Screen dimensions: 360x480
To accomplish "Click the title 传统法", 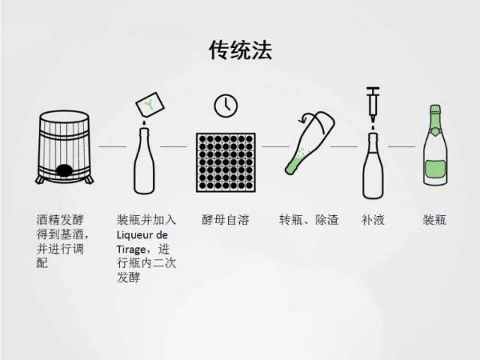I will [x=240, y=50].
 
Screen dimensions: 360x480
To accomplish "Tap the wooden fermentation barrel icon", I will [x=63, y=149].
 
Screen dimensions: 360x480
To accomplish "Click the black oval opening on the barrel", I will [x=64, y=169].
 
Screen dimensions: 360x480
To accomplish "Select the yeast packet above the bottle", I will [x=149, y=104].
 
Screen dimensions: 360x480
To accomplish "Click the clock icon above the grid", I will [x=225, y=106].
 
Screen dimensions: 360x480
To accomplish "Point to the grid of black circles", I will [x=225, y=161].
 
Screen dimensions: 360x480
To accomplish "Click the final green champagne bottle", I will [x=434, y=152].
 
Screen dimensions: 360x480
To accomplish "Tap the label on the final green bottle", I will [x=434, y=169].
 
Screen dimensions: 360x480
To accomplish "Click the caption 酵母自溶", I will [x=225, y=219].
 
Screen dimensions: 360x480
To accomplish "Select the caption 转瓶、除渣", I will [x=309, y=219].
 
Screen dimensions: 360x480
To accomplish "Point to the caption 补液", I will [x=373, y=219].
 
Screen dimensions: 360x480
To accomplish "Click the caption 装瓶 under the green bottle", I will [x=434, y=219].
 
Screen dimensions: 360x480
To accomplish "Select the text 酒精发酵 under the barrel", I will [x=59, y=219].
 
